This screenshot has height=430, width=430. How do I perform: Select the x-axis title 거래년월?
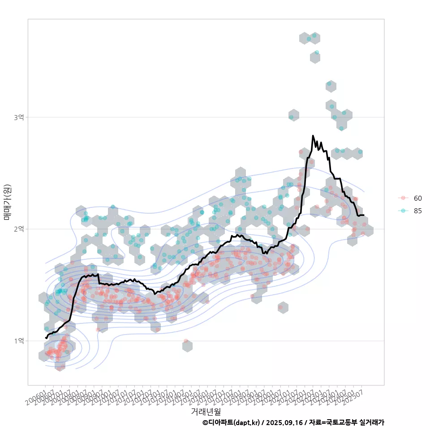coord(206,411)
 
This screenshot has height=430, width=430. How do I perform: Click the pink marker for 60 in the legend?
coord(403,198)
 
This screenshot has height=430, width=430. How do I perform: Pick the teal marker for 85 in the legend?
coord(403,211)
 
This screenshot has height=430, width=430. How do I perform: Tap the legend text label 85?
coord(418,211)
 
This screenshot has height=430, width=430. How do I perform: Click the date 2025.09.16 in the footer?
coord(284,422)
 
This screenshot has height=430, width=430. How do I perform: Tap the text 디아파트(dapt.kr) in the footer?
coord(234,422)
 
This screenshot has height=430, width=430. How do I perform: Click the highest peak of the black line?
coord(313,135)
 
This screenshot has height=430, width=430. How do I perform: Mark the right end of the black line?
coord(363,215)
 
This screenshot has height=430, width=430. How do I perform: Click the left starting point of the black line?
coord(45,337)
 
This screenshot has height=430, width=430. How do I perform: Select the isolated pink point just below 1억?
coord(186,341)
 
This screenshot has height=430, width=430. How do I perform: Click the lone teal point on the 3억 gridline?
coord(291,117)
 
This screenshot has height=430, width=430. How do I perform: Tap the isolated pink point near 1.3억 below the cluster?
coord(281,307)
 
